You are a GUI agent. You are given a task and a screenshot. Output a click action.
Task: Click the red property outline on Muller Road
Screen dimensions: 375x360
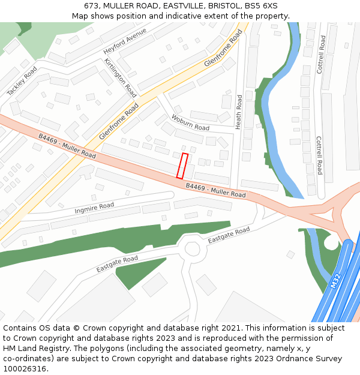[x=182, y=166]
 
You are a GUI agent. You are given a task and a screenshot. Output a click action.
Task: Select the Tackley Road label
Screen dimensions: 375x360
[x=22, y=81]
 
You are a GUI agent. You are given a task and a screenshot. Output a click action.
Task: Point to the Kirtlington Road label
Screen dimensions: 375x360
[x=120, y=77]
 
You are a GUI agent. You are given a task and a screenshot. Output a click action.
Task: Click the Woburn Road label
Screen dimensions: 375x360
[x=190, y=123]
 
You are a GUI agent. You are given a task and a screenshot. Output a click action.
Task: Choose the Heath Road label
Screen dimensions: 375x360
[x=239, y=112]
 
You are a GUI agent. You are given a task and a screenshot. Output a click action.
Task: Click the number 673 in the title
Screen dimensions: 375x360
[x=92, y=5]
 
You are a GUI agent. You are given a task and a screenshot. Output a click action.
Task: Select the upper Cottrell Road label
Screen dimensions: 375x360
[x=323, y=55]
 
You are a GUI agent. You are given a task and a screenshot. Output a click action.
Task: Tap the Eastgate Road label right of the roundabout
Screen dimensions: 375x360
[x=229, y=235]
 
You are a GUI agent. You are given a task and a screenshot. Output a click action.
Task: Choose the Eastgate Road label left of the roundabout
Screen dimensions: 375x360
[x=117, y=264]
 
